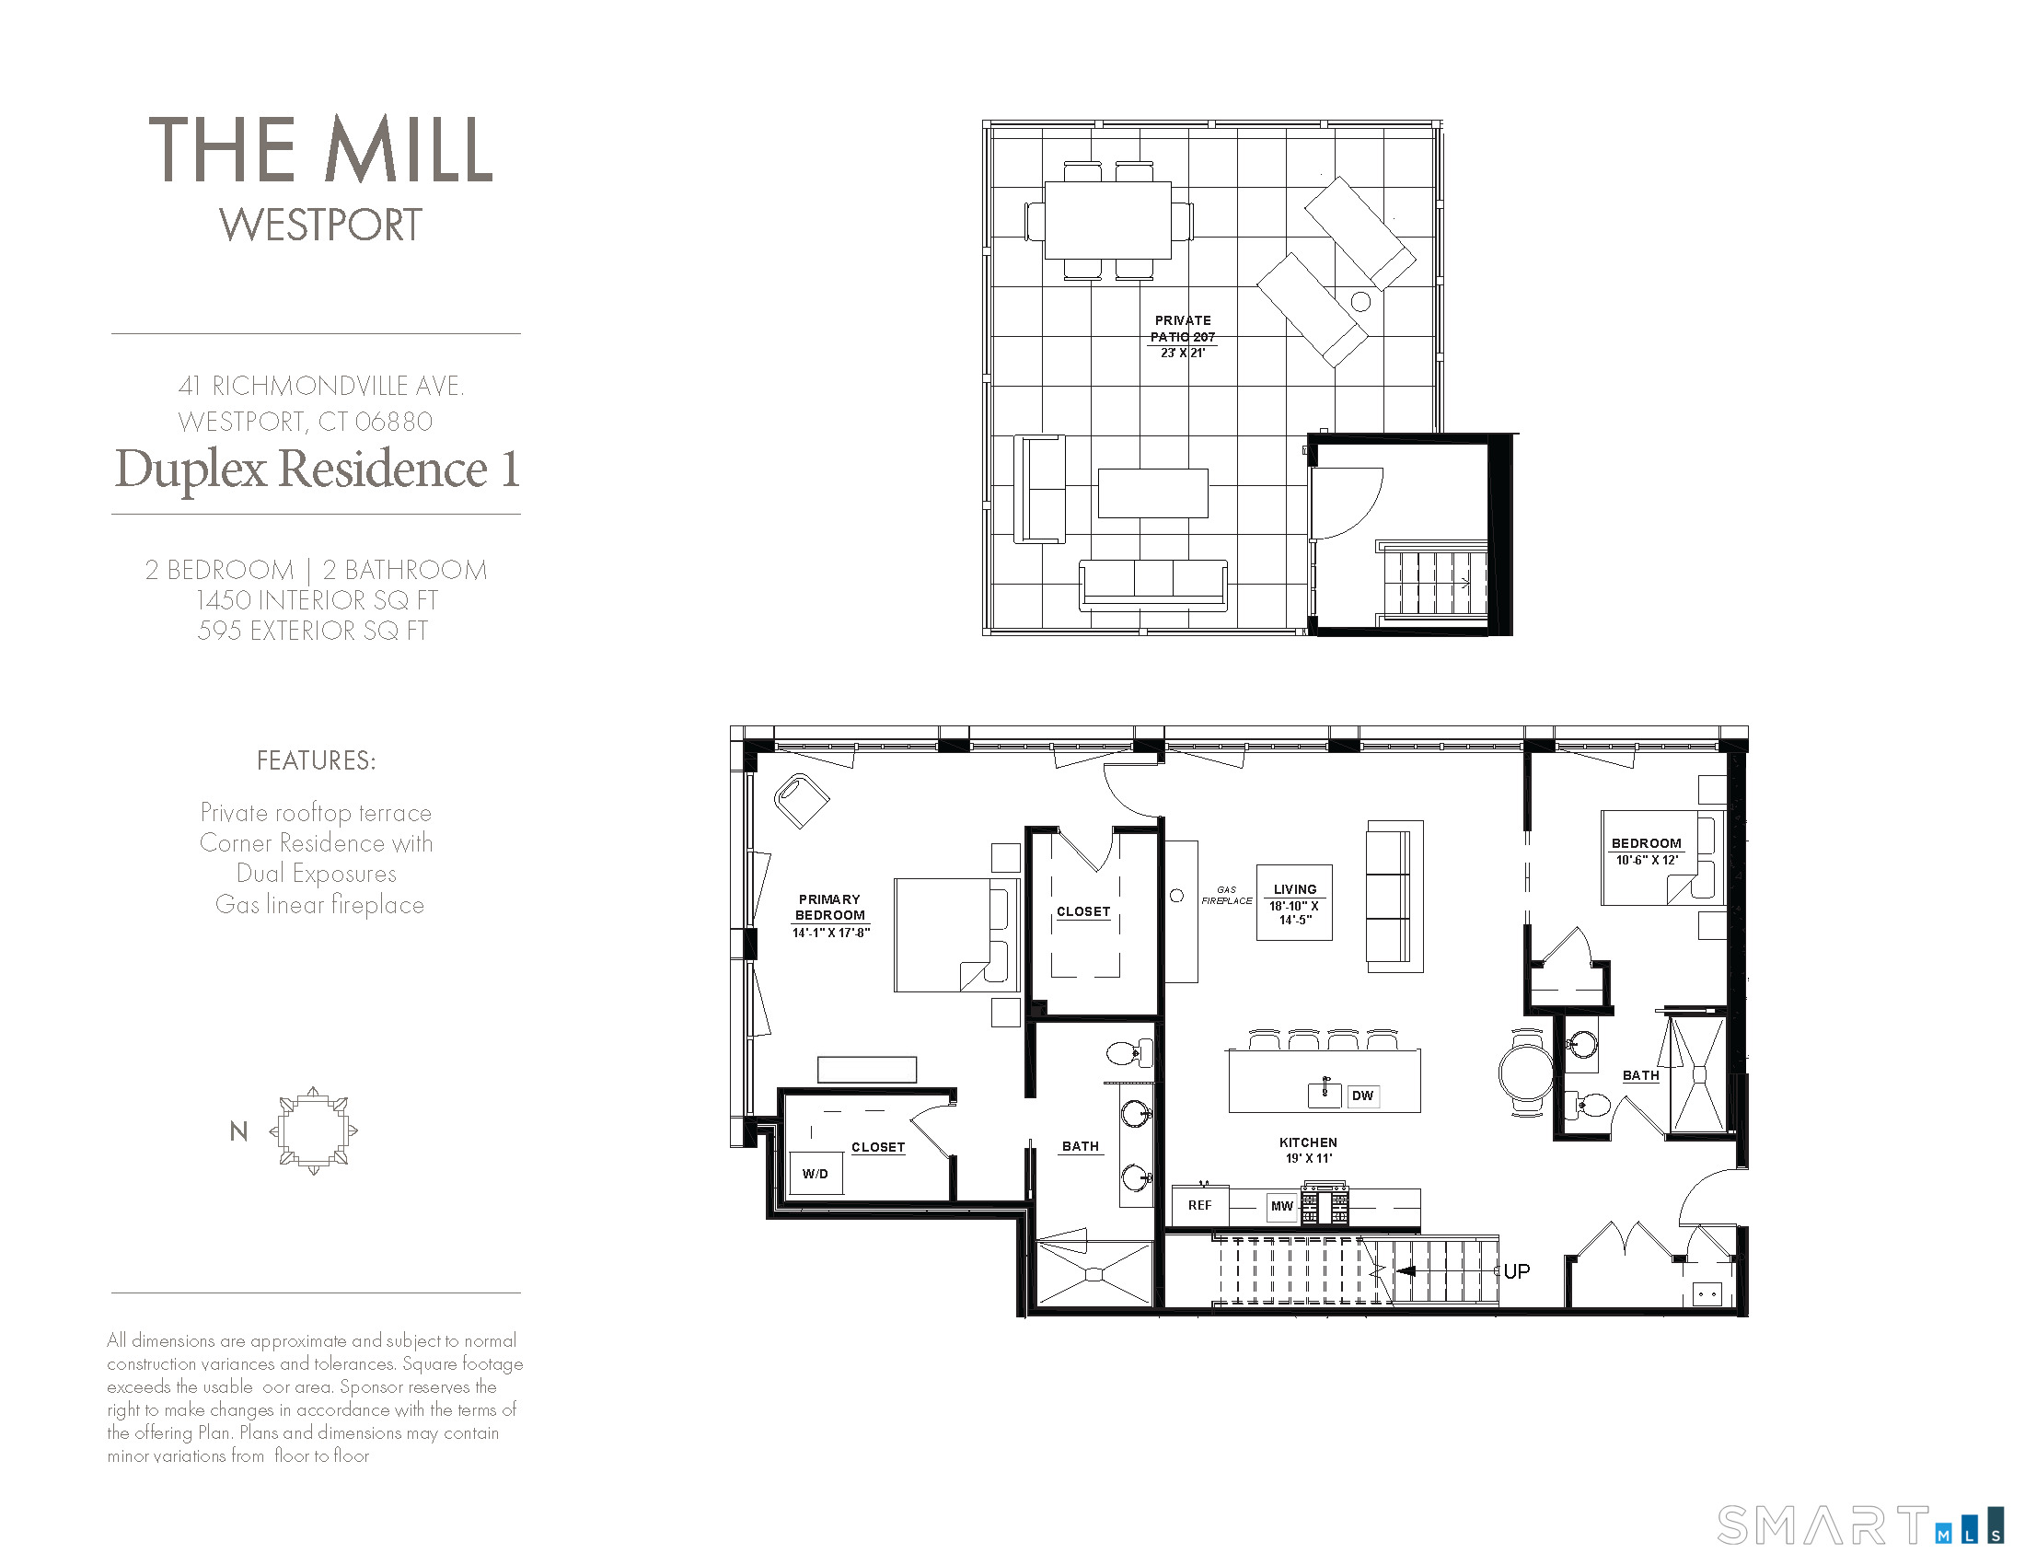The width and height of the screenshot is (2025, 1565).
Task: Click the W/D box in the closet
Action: coord(816,1173)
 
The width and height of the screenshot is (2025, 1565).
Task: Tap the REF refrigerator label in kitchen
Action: coord(1199,1205)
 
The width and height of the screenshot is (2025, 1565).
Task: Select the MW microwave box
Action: coord(1281,1206)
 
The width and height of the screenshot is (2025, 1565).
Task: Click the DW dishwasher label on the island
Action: coord(1362,1095)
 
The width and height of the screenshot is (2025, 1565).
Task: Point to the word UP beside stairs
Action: coord(1517,1271)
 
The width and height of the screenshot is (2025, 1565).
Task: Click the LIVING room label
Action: coord(1294,889)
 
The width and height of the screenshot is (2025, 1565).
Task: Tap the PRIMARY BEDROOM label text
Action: coord(830,907)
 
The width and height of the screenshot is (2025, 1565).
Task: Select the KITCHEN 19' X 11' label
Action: coord(1308,1150)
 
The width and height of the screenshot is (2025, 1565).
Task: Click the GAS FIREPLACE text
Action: coord(1227,895)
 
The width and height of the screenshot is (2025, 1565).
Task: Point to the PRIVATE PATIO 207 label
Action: coord(1182,330)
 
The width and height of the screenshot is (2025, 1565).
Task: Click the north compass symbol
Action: coord(313,1131)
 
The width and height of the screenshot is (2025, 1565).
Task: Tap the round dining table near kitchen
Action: coord(1525,1071)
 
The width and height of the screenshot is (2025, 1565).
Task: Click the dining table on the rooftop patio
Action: coord(1108,221)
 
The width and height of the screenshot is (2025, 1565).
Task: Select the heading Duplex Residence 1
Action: coord(316,469)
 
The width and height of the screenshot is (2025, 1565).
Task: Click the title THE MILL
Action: coord(321,149)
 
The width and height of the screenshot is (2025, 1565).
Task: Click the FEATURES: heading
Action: coord(316,761)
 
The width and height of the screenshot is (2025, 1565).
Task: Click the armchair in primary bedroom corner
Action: coord(800,800)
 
